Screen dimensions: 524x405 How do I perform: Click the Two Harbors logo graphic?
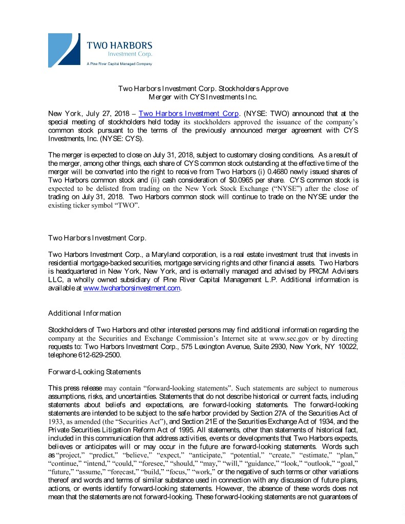pyautogui.click(x=64, y=49)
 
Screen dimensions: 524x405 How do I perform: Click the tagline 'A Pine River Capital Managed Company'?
pyautogui.click(x=119, y=64)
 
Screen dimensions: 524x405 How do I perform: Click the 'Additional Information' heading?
pyautogui.click(x=84, y=313)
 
